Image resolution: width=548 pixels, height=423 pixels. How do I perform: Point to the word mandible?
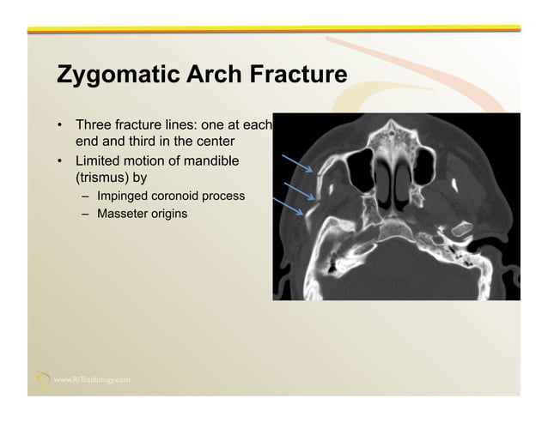coord(211,161)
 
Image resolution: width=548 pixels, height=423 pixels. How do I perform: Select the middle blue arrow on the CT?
coord(297,188)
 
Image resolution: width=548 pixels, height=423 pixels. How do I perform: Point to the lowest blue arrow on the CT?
coord(291,206)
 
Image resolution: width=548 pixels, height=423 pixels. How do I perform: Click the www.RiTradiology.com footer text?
coord(93,378)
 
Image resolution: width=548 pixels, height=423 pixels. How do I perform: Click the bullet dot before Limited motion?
coord(60,161)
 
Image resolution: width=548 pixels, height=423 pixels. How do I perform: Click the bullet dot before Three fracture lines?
coord(60,125)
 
